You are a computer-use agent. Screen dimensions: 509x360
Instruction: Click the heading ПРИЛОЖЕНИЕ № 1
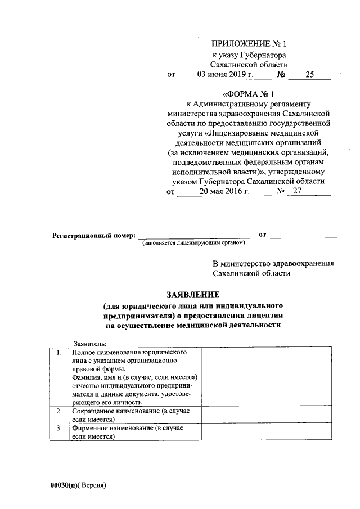click(x=249, y=44)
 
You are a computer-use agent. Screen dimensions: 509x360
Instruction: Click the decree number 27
click(x=298, y=191)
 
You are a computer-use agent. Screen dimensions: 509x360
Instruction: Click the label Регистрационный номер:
click(x=93, y=235)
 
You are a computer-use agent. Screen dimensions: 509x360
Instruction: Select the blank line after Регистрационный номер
click(x=193, y=235)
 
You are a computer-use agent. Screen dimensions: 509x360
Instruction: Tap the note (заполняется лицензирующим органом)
click(x=193, y=243)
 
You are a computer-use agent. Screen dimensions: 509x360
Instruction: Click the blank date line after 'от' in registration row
click(x=303, y=235)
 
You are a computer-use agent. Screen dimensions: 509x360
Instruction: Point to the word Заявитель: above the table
click(x=91, y=343)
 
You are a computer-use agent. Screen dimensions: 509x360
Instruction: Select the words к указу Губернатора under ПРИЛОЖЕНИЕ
click(x=249, y=55)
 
